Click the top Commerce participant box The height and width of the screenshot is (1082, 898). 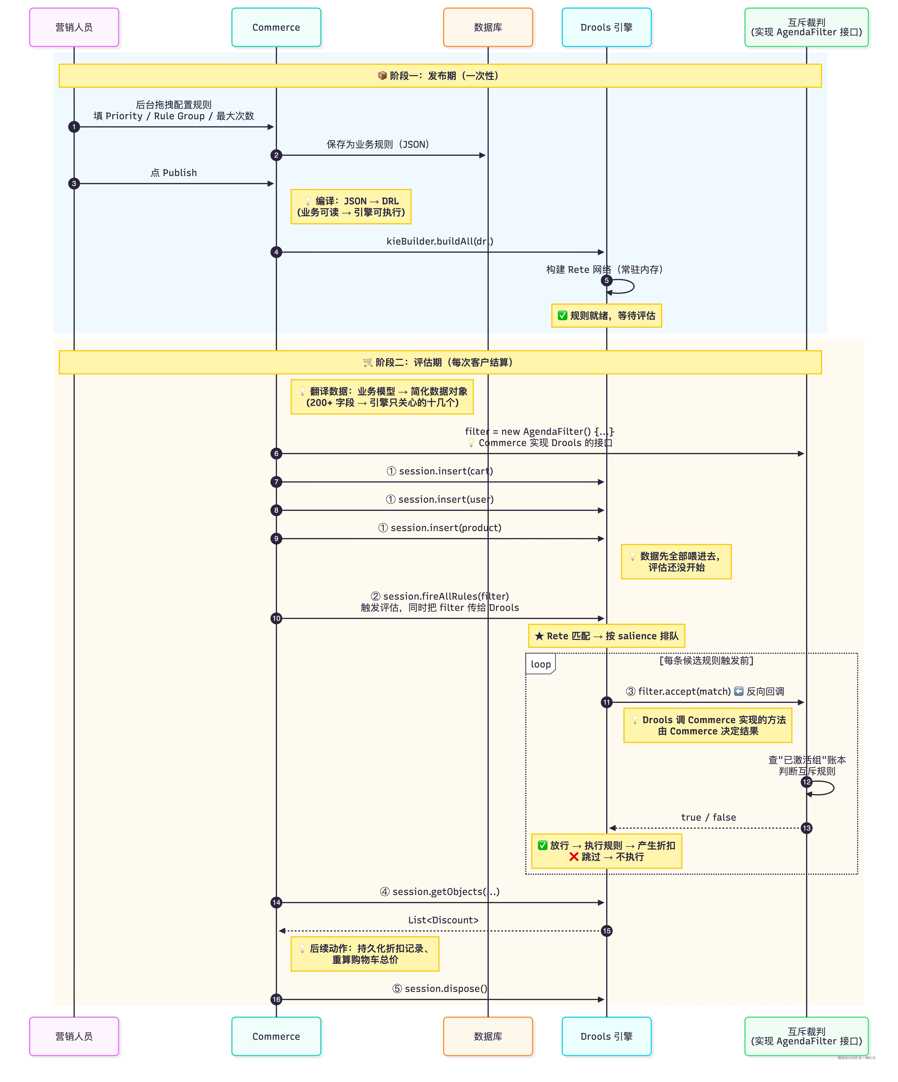(x=276, y=27)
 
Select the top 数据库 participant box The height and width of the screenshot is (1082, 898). (x=488, y=27)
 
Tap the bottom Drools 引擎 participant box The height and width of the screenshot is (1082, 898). (x=606, y=1036)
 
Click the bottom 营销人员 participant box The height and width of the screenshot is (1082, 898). (x=74, y=1036)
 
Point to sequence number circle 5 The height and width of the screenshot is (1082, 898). (x=606, y=280)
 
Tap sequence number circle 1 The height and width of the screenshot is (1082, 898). (x=74, y=127)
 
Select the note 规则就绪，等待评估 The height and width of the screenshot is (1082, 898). (x=606, y=315)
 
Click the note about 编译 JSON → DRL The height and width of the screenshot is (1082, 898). (x=351, y=207)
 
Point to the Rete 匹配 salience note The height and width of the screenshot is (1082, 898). (x=606, y=636)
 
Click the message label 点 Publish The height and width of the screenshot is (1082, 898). (x=174, y=173)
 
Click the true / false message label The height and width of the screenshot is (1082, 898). (x=708, y=817)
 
